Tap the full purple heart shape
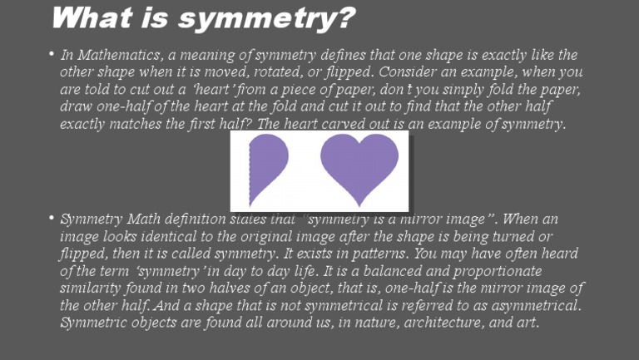[359, 165]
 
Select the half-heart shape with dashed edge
[268, 170]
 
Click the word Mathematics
[121, 55]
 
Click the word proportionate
[480, 272]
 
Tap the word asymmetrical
[533, 306]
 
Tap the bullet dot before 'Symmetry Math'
[51, 219]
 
